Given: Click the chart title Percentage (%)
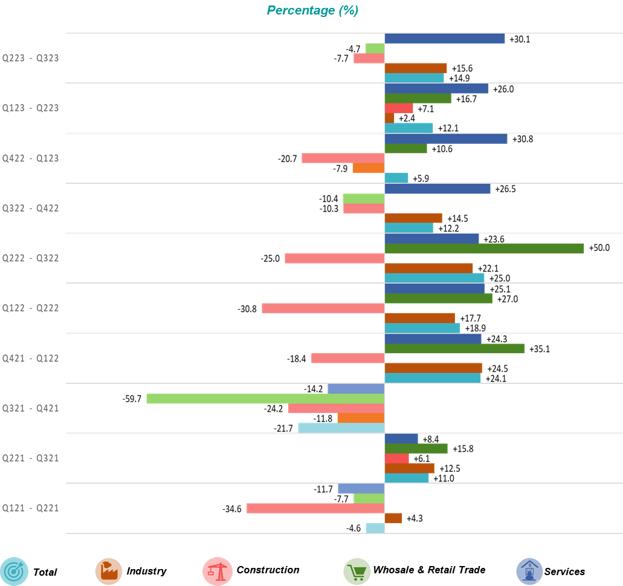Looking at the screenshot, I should coord(312,10).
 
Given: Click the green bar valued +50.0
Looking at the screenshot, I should coord(484,249).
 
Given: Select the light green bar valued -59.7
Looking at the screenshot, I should coord(265,399).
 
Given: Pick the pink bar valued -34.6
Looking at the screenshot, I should coord(315,509).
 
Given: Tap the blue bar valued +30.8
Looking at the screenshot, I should coord(445,139).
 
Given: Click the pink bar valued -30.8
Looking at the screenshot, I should coord(323,308).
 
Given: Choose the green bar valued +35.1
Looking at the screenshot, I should coord(454,348).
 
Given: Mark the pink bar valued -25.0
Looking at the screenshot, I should coord(334,258).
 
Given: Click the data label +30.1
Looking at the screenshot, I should coord(520,39).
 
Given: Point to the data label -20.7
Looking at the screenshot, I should coord(288,158).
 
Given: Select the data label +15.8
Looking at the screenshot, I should coord(463,449).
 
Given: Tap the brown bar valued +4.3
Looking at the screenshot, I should coord(393,518).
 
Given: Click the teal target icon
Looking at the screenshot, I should coord(15,571).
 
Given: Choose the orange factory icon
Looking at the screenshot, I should coord(109,571).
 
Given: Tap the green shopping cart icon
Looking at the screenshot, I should coord(357,571).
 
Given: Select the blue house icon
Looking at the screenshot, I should coord(529,571).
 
